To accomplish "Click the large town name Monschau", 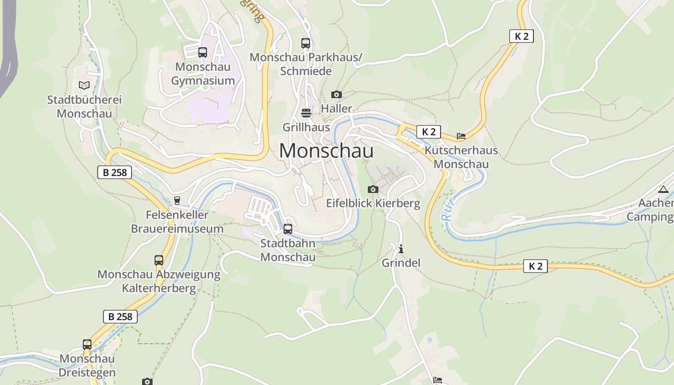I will pyautogui.click(x=326, y=151).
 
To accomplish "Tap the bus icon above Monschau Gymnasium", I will pyautogui.click(x=203, y=52).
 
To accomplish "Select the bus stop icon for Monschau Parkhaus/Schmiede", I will pyautogui.click(x=306, y=43).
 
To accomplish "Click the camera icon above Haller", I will pyautogui.click(x=337, y=94).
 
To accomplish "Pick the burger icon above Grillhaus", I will pyautogui.click(x=306, y=113).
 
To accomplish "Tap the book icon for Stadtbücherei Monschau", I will pyautogui.click(x=84, y=85).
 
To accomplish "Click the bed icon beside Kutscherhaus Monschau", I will pyautogui.click(x=461, y=136).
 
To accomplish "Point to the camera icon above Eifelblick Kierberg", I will pyautogui.click(x=373, y=189).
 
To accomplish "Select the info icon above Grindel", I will pyautogui.click(x=401, y=249).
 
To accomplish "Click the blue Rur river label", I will pyautogui.click(x=448, y=212).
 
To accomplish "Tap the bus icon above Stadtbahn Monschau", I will pyautogui.click(x=288, y=229).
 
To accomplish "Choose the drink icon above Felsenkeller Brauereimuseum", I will pyautogui.click(x=177, y=201).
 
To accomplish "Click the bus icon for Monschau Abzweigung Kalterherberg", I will pyautogui.click(x=159, y=260).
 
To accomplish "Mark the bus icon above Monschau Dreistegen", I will pyautogui.click(x=87, y=345).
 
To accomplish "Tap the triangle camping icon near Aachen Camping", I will pyautogui.click(x=663, y=189).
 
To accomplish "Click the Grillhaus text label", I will pyautogui.click(x=306, y=128).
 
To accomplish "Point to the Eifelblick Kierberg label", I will pyautogui.click(x=373, y=204).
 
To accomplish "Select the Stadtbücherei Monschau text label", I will pyautogui.click(x=84, y=107).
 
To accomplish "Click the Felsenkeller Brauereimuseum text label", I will pyautogui.click(x=177, y=222).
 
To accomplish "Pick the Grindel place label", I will pyautogui.click(x=401, y=263).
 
